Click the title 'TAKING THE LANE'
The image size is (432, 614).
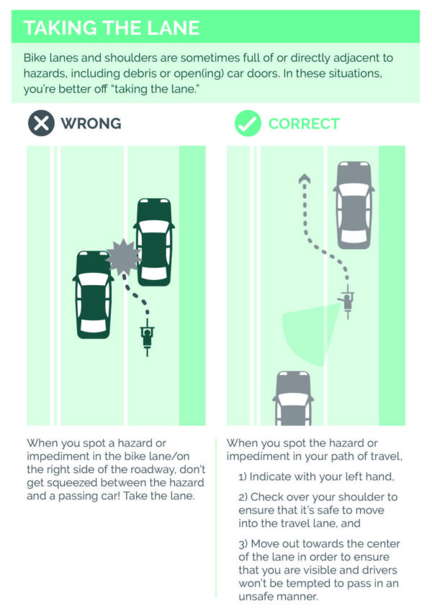coord(112,28)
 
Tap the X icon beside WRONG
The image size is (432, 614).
coord(41,123)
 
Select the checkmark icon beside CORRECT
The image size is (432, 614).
coord(248,123)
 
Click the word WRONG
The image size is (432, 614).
coord(91,123)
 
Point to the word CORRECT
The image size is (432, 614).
coord(304,124)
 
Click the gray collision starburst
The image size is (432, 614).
coord(123,257)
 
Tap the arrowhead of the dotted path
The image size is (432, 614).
coord(305,179)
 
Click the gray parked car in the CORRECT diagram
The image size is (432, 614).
coord(354,205)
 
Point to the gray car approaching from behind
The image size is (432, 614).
coord(293,398)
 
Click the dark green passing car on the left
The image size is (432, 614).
coord(93,294)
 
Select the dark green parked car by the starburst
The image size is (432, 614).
coord(154,242)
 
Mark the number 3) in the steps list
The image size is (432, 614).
coord(243,544)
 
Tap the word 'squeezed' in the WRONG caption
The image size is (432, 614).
coord(70,483)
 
